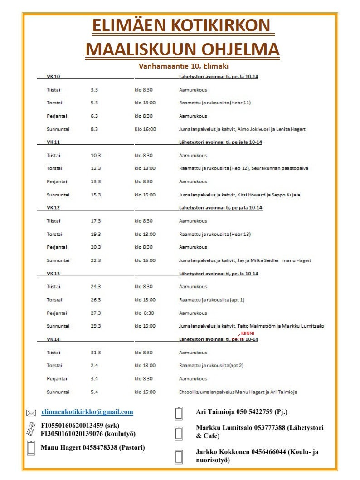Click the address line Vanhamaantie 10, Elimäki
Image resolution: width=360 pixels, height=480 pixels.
click(x=183, y=66)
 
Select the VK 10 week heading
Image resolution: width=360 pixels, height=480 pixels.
click(x=54, y=77)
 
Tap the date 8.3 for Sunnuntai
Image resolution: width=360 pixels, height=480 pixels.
click(x=95, y=129)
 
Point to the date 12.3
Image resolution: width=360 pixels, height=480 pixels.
click(x=96, y=168)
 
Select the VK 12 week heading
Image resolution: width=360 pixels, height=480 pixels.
click(x=54, y=208)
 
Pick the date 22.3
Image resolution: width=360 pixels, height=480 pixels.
click(x=96, y=260)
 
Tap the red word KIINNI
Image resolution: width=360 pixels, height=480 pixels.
click(x=248, y=333)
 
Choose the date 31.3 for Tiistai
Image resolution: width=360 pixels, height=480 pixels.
click(x=96, y=353)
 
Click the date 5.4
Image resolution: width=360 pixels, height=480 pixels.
click(x=94, y=392)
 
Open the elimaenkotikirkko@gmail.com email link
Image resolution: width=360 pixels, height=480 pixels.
click(x=87, y=412)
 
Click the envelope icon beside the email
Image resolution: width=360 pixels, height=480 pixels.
click(x=31, y=413)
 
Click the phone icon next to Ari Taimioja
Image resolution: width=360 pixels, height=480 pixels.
click(x=179, y=413)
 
